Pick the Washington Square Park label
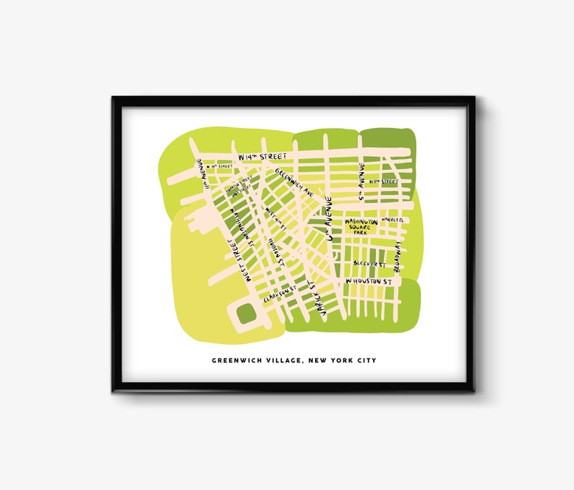[360, 227]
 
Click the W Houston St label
[368, 280]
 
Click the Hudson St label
[274, 253]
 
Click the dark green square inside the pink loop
[246, 313]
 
